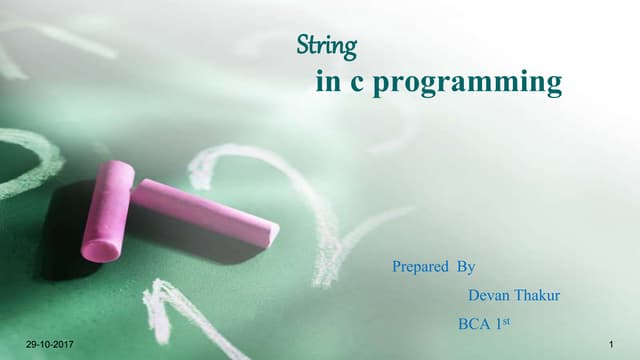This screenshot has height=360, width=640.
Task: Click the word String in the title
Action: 328,45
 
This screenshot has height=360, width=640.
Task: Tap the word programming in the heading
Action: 479,83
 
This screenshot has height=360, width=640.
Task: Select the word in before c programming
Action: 326,82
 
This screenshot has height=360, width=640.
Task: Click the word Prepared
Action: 419,267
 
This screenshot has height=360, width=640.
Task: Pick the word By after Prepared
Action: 465,267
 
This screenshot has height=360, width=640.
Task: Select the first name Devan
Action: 487,295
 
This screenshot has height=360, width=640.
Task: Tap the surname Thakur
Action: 535,295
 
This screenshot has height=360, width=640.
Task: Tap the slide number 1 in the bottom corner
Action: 609,345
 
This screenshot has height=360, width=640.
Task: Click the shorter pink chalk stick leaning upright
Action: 107,210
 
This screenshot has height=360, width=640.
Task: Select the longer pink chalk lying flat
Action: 205,209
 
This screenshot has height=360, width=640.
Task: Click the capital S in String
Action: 305,45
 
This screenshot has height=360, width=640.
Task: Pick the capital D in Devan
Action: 473,295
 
